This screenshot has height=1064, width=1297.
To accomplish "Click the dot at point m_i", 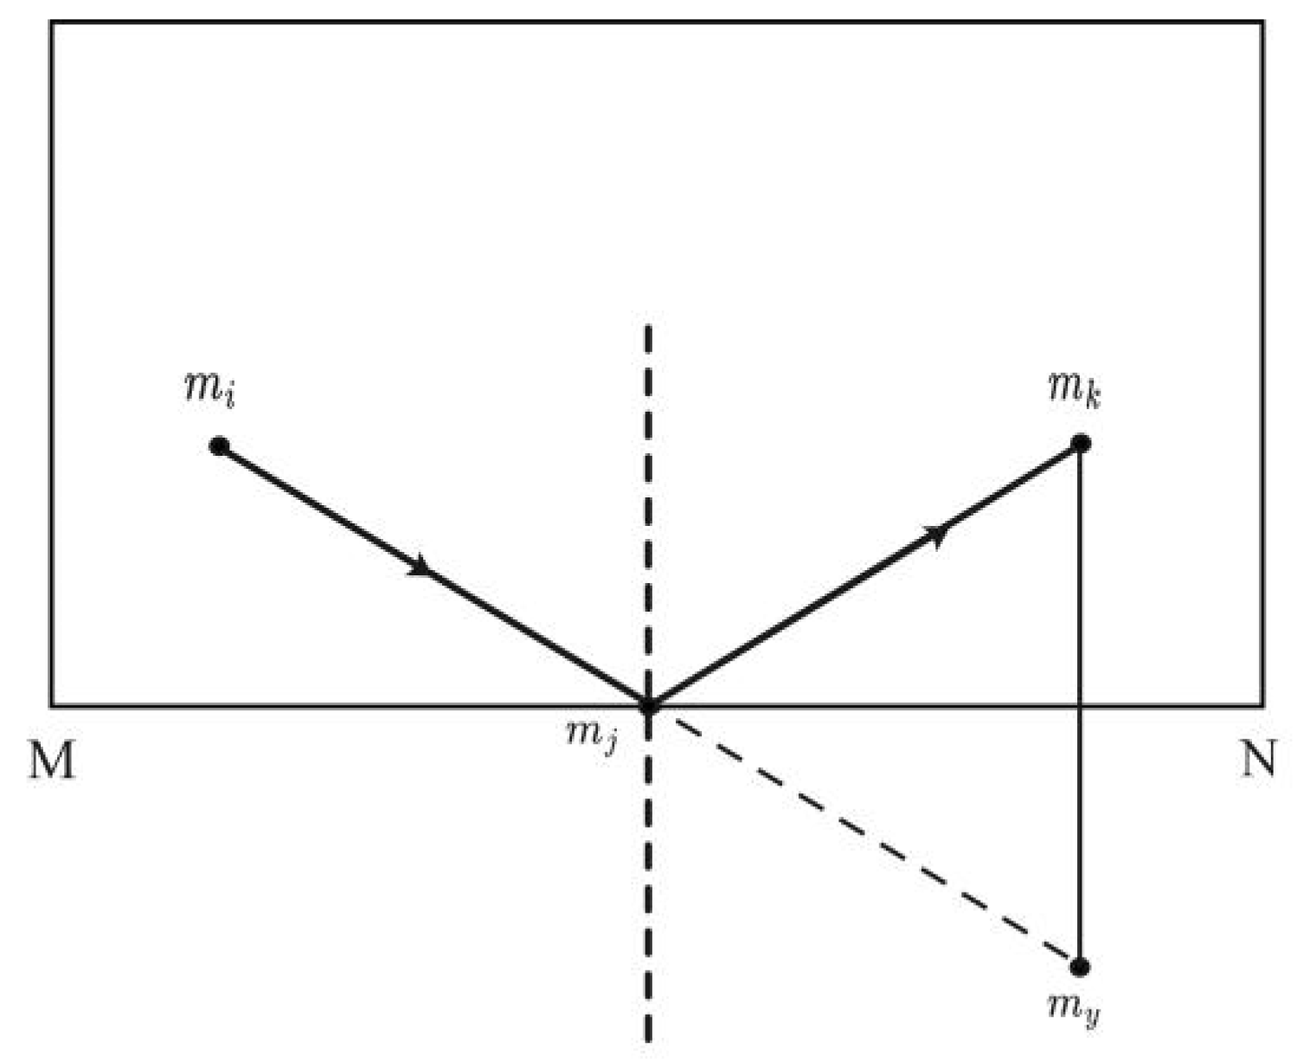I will click(219, 446).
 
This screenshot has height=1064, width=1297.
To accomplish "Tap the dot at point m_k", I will click(1081, 444).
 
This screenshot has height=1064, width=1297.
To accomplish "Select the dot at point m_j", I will click(649, 706).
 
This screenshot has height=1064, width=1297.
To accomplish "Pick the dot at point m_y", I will click(1080, 966).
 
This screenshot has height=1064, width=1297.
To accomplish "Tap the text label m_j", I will click(592, 738).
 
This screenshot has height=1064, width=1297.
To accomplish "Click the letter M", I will click(52, 762).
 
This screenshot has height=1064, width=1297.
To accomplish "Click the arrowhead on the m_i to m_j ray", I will click(421, 566).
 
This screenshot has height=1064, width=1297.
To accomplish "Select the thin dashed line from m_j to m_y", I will click(865, 836).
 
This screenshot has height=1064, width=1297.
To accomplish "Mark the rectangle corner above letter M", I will click(52, 705).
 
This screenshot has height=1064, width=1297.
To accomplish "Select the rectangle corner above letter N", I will click(1262, 705).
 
